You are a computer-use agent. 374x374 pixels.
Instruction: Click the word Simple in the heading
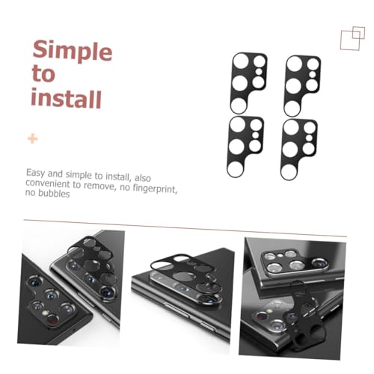(x=73, y=51)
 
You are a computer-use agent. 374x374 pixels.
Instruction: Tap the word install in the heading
(x=66, y=99)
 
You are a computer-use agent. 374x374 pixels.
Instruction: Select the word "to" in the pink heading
(x=43, y=73)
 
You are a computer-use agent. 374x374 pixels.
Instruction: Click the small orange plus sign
(x=32, y=138)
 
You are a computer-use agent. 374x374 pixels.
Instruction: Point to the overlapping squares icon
(x=352, y=38)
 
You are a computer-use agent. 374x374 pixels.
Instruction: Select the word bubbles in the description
(x=54, y=194)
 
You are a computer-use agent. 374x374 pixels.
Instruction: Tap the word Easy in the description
(x=36, y=173)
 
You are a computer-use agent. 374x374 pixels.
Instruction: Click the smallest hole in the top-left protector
(x=259, y=72)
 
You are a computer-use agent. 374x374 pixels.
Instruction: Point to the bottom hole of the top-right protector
(x=292, y=108)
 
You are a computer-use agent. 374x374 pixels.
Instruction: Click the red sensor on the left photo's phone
(x=52, y=319)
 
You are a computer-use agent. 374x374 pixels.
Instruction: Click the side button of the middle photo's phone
(x=177, y=309)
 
